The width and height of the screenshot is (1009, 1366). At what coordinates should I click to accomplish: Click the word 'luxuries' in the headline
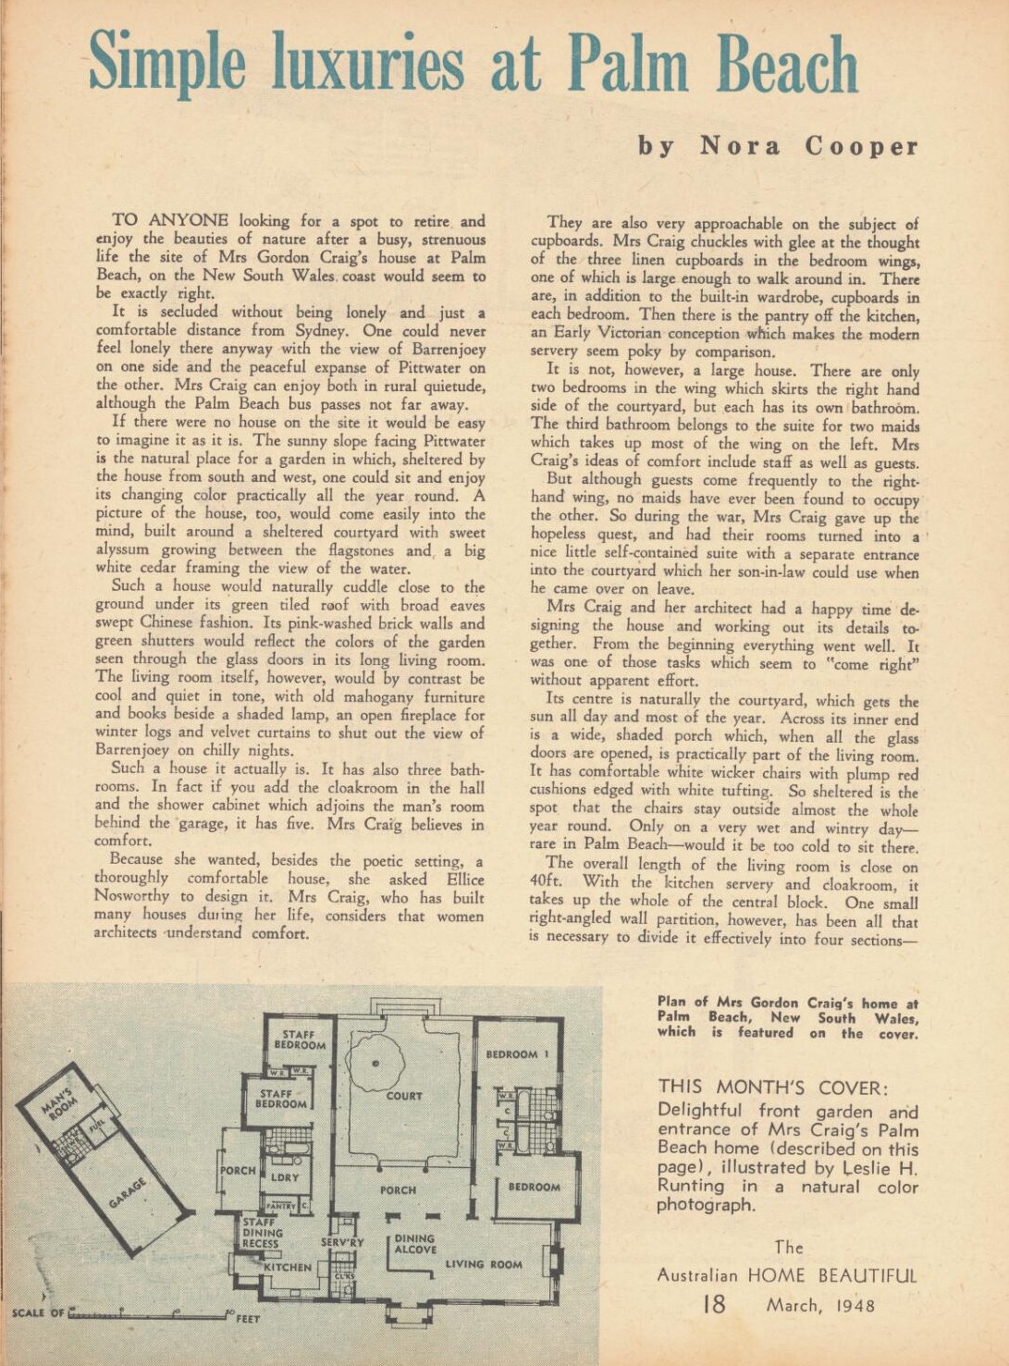pyautogui.click(x=368, y=65)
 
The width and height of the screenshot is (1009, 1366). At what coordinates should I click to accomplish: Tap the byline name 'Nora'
pyautogui.click(x=740, y=146)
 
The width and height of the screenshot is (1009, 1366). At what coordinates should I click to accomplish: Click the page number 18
pyautogui.click(x=714, y=1304)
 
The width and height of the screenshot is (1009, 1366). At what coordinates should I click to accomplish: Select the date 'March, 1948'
pyautogui.click(x=819, y=1305)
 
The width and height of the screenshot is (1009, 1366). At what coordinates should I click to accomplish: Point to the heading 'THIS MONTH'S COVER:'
pyautogui.click(x=773, y=1087)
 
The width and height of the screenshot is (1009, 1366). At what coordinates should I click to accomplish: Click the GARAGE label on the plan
pyautogui.click(x=127, y=1193)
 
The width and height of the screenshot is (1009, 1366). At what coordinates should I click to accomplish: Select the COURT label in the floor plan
pyautogui.click(x=404, y=1096)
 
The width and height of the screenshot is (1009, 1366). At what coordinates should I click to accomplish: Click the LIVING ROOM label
pyautogui.click(x=484, y=1264)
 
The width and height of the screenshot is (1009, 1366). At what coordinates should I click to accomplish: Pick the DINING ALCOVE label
pyautogui.click(x=414, y=1244)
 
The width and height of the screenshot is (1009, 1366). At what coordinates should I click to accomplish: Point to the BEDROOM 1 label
pyautogui.click(x=517, y=1054)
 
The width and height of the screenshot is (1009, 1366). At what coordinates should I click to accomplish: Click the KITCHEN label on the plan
pyautogui.click(x=287, y=1267)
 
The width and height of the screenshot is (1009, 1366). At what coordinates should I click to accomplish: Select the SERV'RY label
pyautogui.click(x=342, y=1243)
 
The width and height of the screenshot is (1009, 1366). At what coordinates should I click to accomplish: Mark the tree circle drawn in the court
pyautogui.click(x=375, y=1064)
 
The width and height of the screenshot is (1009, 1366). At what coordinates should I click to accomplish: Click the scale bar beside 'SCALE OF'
pyautogui.click(x=148, y=1312)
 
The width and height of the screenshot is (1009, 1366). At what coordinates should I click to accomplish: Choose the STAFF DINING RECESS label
pyautogui.click(x=262, y=1233)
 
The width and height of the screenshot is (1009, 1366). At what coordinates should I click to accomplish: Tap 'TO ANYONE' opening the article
pyautogui.click(x=170, y=220)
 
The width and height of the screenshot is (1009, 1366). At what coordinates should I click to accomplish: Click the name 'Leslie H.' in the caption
pyautogui.click(x=879, y=1167)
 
